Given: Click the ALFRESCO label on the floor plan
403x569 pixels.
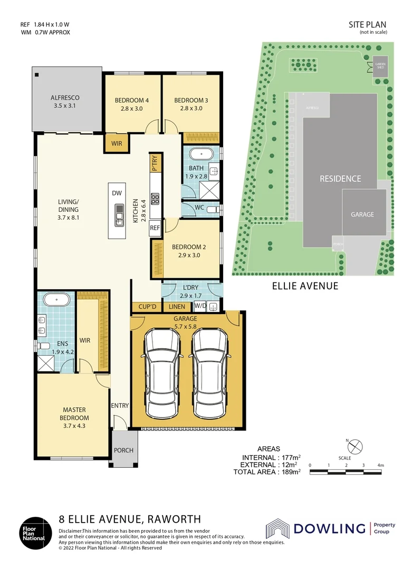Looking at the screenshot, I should coord(65,97).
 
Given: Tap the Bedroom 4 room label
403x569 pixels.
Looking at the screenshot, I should coord(132,100).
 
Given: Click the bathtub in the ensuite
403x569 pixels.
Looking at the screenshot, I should coord(56,300).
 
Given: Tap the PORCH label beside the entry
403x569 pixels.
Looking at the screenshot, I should coord(124,450).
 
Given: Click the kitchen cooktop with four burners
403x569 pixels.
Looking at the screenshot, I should coord(155,199).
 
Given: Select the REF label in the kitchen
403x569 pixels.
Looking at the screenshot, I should coord(155,228).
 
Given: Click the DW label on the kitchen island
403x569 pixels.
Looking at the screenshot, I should coord(117,193).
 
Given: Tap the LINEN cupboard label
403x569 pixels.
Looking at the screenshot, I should coord(177,306).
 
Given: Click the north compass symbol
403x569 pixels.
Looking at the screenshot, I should coord(356,446).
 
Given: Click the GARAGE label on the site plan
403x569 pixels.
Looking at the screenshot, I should coord(362,214).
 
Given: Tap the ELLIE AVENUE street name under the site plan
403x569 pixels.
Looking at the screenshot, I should coord(305,286).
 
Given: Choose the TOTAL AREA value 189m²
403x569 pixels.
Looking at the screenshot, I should coord(290,472).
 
